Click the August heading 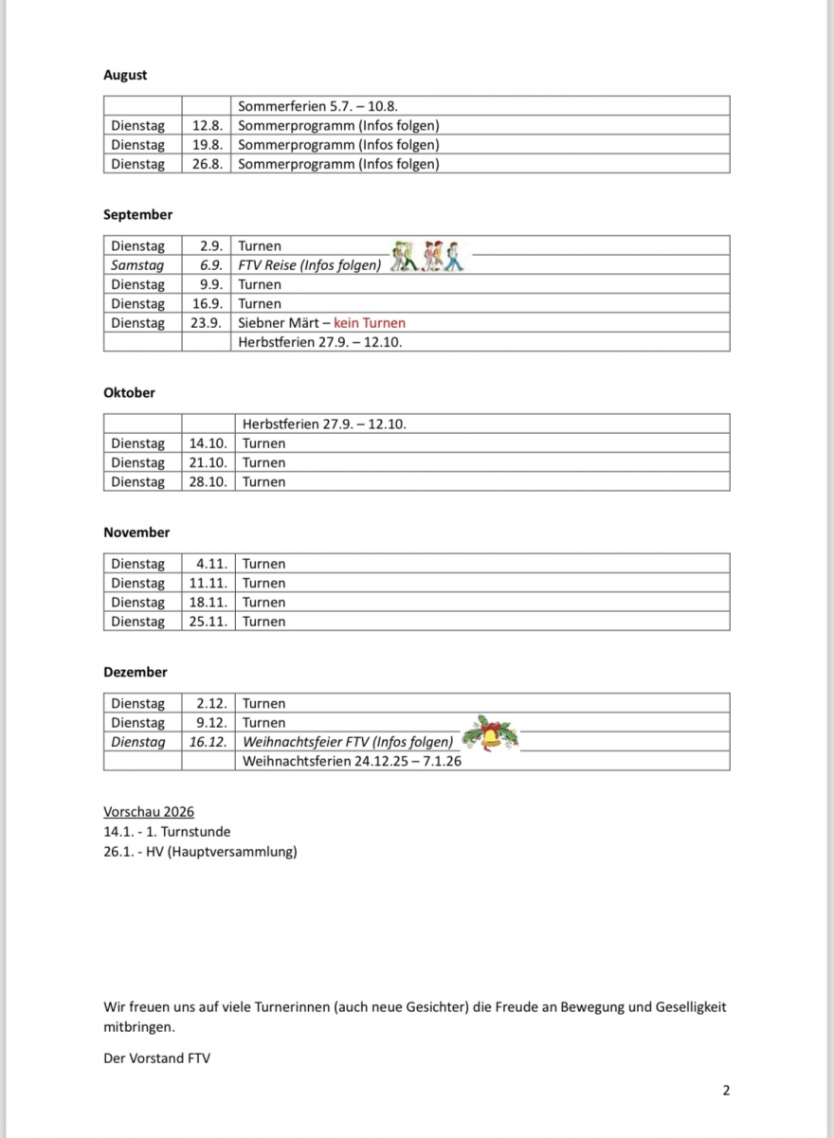click(x=125, y=75)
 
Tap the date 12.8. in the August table click(x=208, y=125)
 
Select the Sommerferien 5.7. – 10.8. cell click(x=323, y=106)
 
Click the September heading click(x=137, y=215)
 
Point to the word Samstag click(x=137, y=265)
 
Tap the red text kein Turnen click(x=370, y=323)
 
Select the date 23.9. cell click(x=206, y=323)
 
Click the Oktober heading click(x=129, y=392)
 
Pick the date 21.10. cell click(x=208, y=462)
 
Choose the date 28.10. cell click(x=208, y=481)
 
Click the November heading click(x=136, y=533)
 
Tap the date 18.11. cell click(x=208, y=602)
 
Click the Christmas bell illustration click(x=490, y=734)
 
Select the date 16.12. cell click(x=208, y=742)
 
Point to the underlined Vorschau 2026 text click(x=149, y=812)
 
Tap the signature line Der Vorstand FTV click(x=156, y=1057)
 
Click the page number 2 click(x=726, y=1091)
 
